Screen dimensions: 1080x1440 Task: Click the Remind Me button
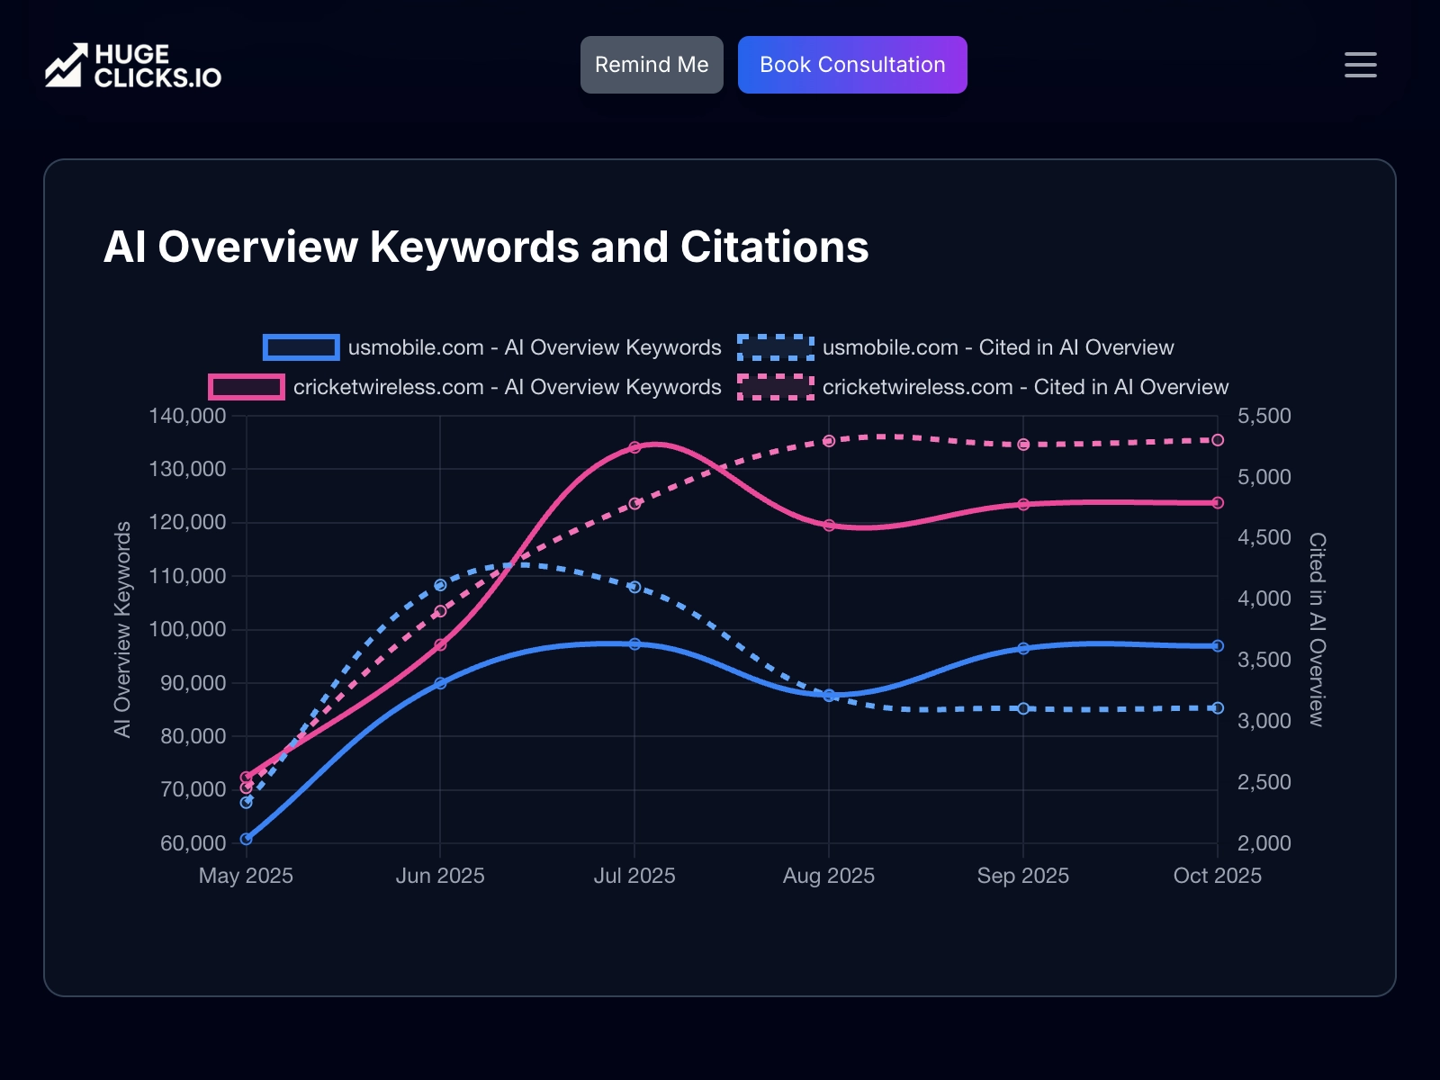click(x=652, y=65)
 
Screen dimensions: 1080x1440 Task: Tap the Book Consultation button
click(x=852, y=65)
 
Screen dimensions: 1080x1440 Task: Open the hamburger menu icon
click(x=1360, y=65)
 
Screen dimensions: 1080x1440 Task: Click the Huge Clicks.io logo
click(x=133, y=66)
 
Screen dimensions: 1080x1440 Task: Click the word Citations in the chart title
click(x=774, y=247)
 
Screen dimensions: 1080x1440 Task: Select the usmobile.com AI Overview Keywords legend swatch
click(x=301, y=347)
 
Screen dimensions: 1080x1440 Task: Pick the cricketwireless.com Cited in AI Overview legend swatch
click(x=776, y=387)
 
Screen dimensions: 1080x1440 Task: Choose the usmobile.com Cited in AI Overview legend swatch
click(x=776, y=347)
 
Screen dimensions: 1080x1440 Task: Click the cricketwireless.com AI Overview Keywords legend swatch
click(x=247, y=387)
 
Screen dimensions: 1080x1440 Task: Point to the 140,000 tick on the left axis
click(x=187, y=416)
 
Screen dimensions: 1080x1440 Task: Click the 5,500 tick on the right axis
click(x=1264, y=416)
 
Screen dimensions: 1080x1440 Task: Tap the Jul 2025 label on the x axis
click(x=634, y=876)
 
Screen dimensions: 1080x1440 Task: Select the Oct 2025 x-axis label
click(x=1217, y=876)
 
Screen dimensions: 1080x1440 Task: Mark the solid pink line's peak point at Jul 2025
click(x=634, y=447)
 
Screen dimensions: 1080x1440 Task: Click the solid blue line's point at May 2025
click(x=247, y=839)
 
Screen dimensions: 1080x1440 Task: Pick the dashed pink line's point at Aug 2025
click(x=829, y=441)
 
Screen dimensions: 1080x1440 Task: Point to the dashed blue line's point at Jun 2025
click(x=440, y=585)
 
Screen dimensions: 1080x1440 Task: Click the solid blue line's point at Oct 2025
click(x=1218, y=646)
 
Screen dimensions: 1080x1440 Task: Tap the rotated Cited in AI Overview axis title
click(x=1317, y=630)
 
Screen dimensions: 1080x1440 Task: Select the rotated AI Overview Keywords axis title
click(x=122, y=630)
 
